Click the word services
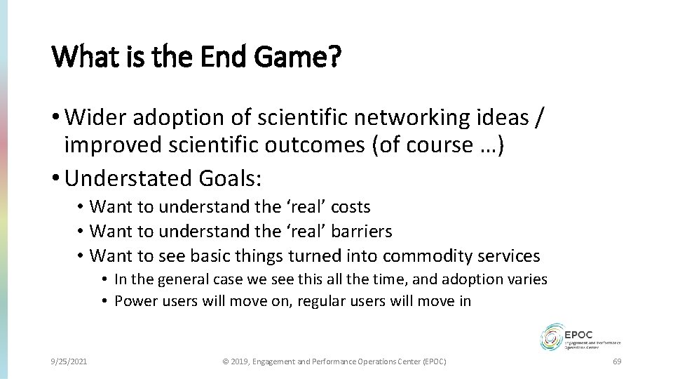click(x=512, y=255)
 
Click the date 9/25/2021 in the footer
click(x=69, y=361)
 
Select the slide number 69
click(x=617, y=361)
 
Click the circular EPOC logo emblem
click(x=552, y=336)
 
